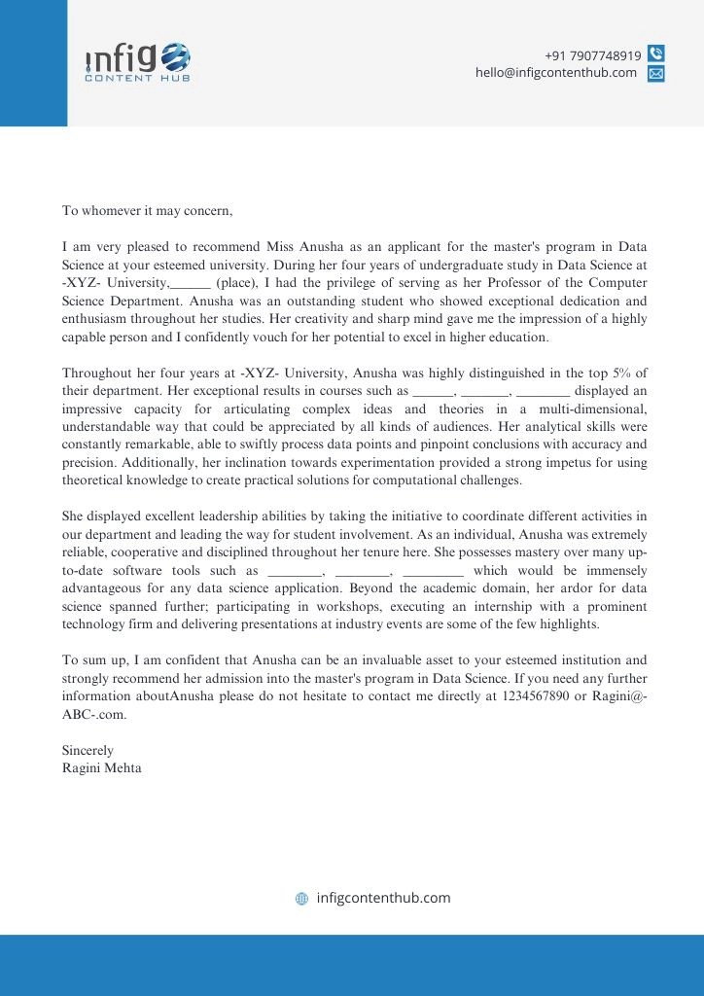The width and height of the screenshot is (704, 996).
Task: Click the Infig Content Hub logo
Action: click(x=137, y=61)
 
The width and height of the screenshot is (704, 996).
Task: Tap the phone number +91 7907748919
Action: click(x=592, y=55)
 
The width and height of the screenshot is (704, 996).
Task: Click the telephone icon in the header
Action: click(x=656, y=54)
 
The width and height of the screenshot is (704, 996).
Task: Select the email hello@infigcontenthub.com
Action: click(x=556, y=73)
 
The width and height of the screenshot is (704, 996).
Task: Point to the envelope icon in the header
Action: click(x=656, y=73)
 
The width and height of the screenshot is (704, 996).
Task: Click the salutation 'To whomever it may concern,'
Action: click(x=147, y=210)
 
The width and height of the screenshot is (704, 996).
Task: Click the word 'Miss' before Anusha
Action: click(x=282, y=247)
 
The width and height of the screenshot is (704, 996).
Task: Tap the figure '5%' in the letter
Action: click(x=620, y=373)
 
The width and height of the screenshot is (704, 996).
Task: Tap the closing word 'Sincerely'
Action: click(x=88, y=751)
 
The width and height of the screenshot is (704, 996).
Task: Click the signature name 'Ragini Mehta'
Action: click(x=101, y=768)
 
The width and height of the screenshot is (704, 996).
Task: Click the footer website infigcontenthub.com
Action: click(x=383, y=898)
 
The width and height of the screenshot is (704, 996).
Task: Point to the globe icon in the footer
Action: click(x=301, y=899)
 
